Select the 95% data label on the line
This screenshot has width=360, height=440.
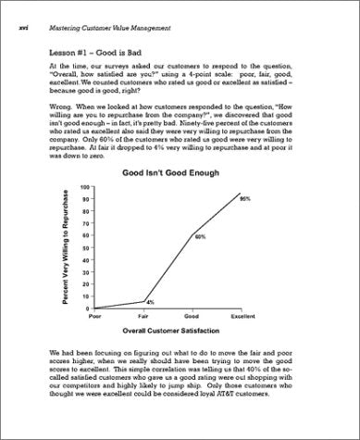tap(245, 199)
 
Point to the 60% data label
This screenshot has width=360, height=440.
tap(199, 237)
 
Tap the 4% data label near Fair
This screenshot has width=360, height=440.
tap(150, 303)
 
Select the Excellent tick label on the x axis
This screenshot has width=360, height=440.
tap(242, 316)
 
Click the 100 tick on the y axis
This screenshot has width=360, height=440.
tap(85, 187)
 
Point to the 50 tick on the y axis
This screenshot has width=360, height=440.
tap(86, 247)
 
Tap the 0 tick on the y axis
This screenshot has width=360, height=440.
tap(88, 308)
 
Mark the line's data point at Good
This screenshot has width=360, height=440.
tap(192, 235)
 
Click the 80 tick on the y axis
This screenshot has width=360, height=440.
tap(86, 211)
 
